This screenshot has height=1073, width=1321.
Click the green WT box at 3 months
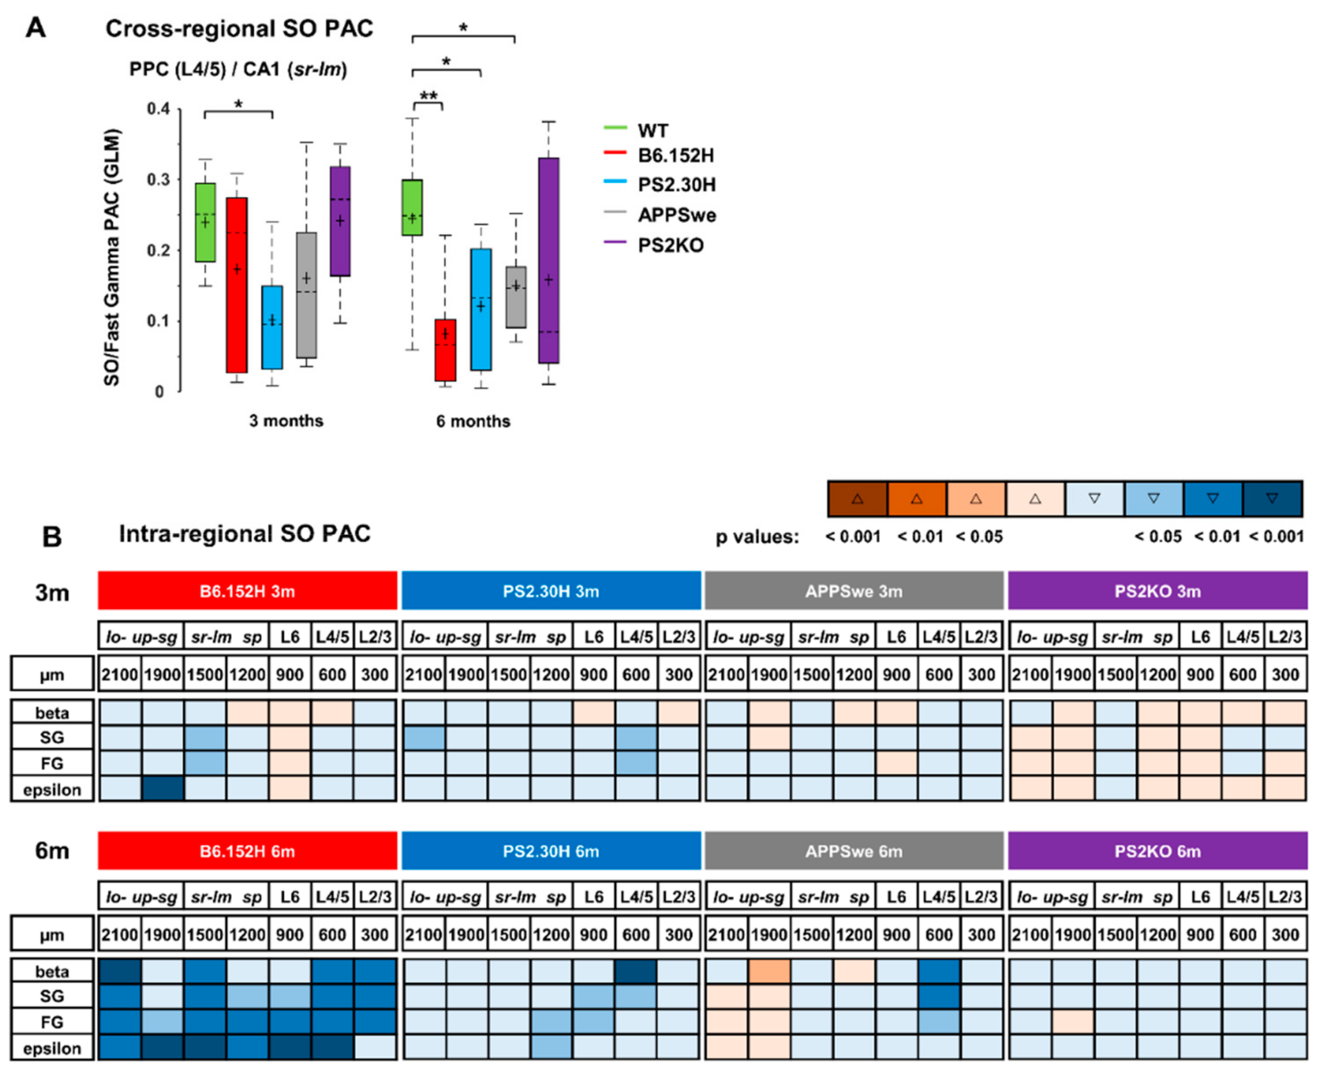click(205, 223)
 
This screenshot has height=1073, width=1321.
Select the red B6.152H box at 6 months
click(445, 350)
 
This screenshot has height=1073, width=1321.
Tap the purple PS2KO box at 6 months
click(548, 260)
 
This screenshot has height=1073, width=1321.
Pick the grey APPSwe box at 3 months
click(306, 295)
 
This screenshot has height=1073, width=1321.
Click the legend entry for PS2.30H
click(676, 184)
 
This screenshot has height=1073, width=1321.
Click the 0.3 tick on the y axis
click(158, 180)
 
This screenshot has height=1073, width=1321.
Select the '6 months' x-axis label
click(473, 421)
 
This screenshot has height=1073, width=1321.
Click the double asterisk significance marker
click(428, 96)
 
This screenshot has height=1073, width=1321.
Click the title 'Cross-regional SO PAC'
click(239, 29)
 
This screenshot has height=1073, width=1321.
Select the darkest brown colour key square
click(857, 498)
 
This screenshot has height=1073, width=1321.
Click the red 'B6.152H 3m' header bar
click(247, 591)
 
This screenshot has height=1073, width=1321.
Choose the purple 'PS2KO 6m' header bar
click(1157, 851)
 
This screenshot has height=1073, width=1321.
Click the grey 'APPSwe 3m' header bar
click(854, 591)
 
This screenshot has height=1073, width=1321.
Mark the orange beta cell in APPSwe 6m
click(769, 971)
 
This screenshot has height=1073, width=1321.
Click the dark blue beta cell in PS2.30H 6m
click(636, 971)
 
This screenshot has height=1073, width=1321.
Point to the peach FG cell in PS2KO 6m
click(1072, 1022)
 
